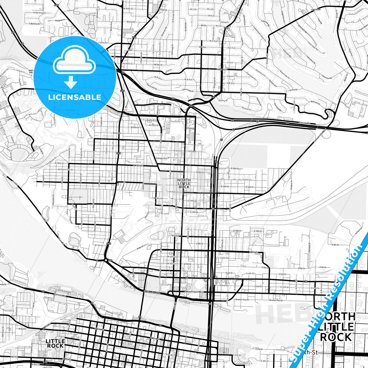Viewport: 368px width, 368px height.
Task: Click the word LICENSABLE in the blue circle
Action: [75, 97]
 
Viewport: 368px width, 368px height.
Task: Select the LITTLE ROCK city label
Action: [55, 343]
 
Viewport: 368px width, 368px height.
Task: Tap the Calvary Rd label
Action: [305, 123]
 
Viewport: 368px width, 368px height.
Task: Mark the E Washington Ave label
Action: [194, 292]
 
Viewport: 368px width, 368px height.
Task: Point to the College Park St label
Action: [163, 158]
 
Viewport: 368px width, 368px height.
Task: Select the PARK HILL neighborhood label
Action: [221, 69]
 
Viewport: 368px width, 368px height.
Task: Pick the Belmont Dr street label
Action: [315, 102]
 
